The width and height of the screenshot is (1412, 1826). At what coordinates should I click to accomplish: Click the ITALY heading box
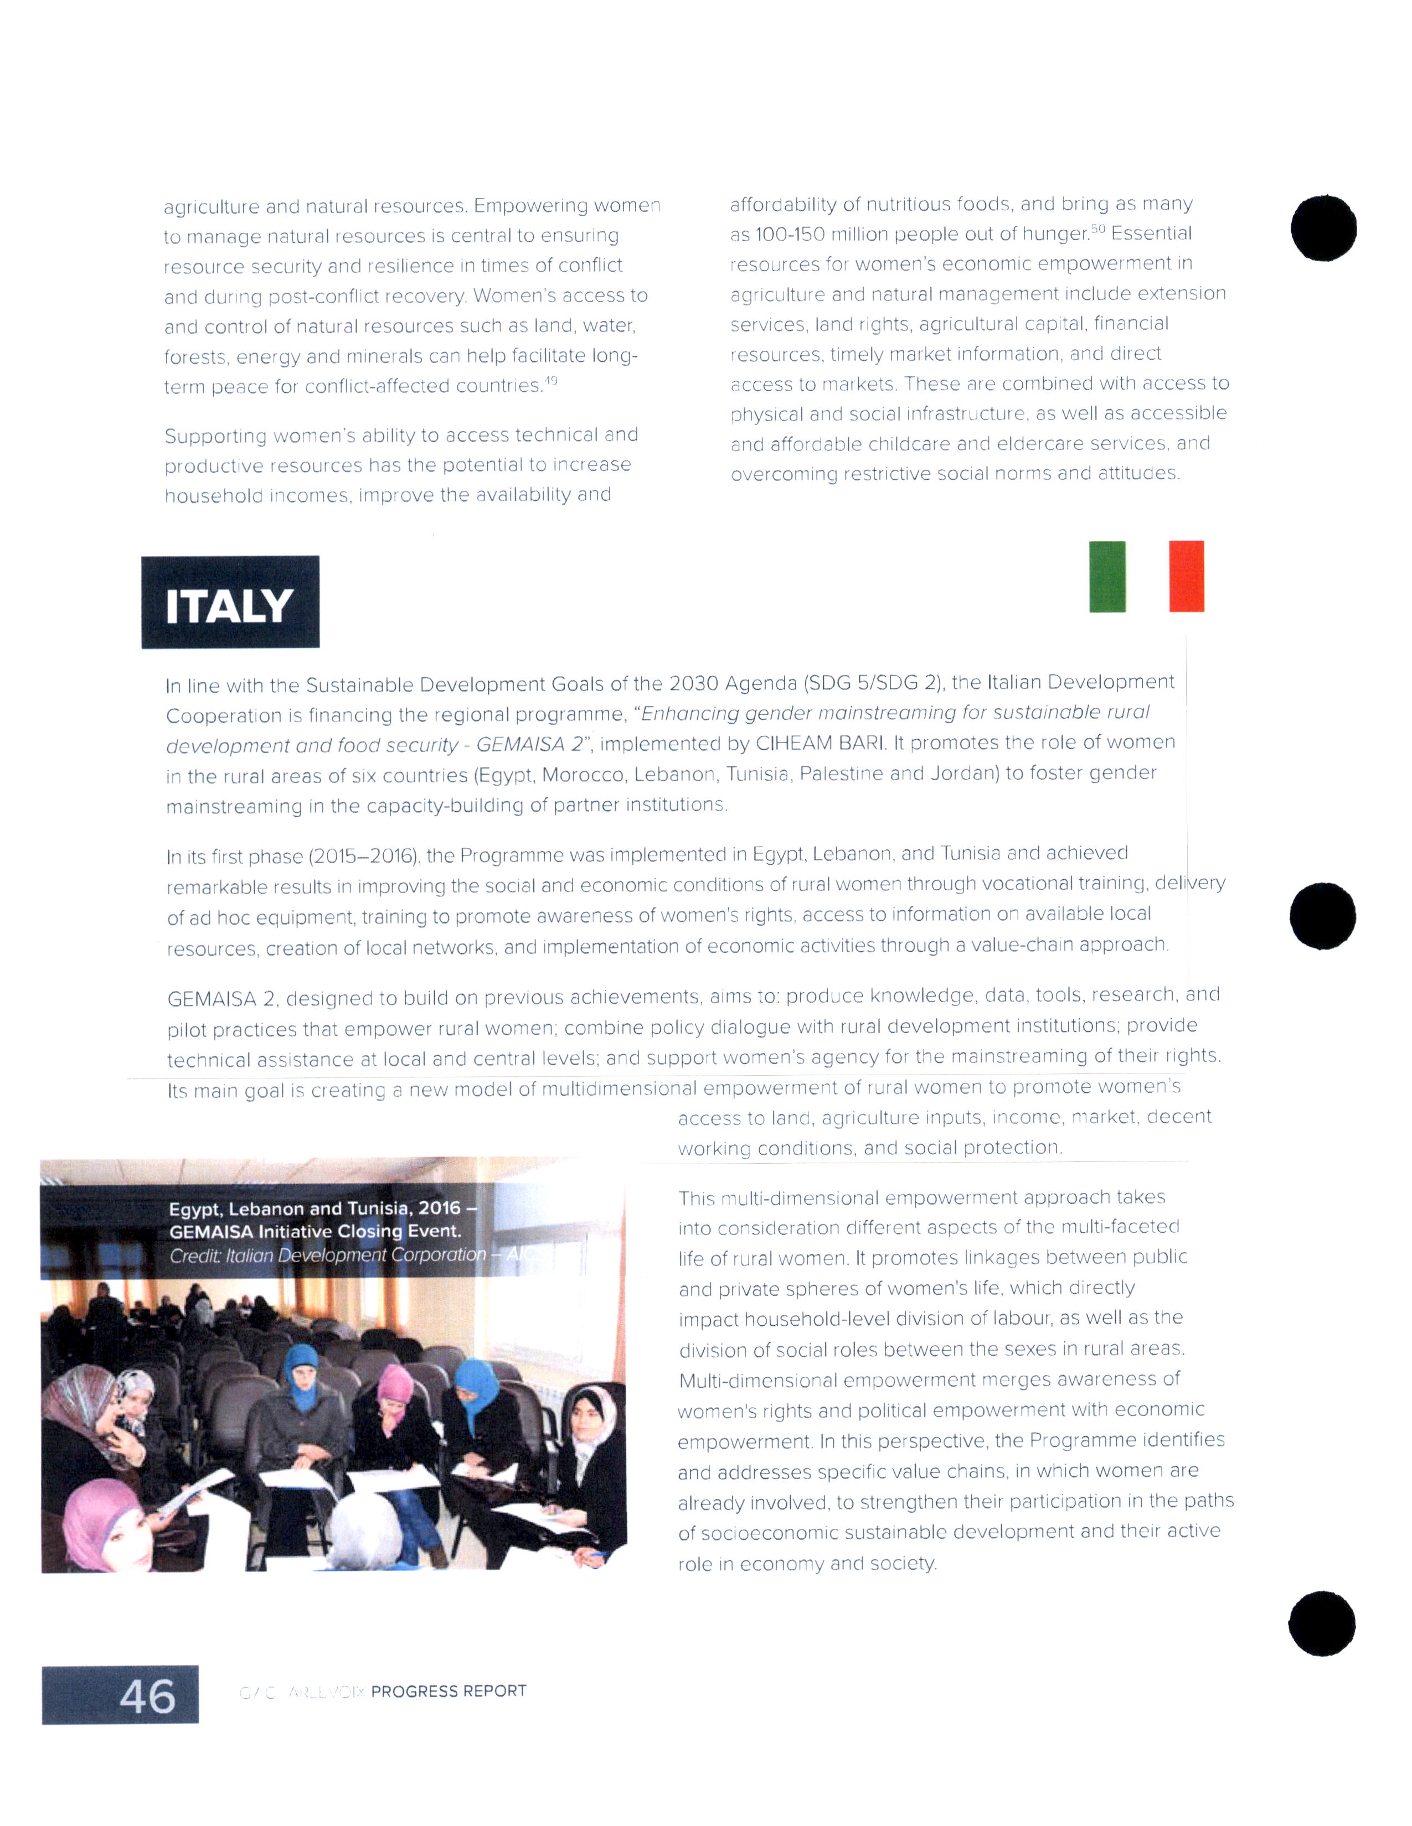tap(230, 602)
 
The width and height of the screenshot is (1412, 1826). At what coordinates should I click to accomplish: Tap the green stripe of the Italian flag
tap(1107, 576)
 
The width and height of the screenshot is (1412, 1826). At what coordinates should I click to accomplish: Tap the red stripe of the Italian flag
tap(1186, 576)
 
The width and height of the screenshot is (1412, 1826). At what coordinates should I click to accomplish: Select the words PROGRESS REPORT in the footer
tap(449, 1690)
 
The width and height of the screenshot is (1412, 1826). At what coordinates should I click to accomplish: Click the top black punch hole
tap(1323, 228)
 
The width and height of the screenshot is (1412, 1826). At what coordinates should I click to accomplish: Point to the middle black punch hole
tap(1322, 916)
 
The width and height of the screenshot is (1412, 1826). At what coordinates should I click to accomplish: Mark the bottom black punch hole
tap(1322, 1623)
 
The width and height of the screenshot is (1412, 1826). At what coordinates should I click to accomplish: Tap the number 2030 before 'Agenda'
tap(693, 684)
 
